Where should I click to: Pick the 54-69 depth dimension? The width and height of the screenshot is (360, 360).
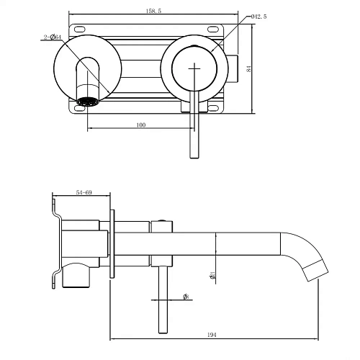84,193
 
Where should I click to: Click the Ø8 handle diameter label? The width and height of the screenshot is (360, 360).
186,296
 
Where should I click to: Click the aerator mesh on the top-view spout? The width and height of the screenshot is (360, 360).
87,101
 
